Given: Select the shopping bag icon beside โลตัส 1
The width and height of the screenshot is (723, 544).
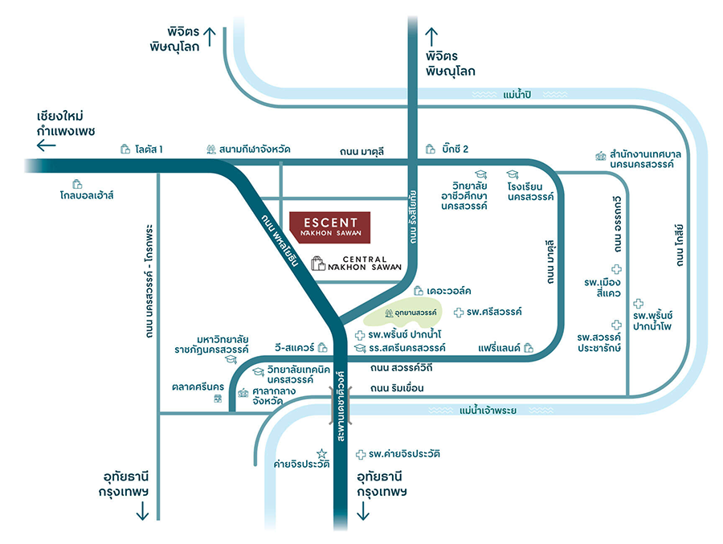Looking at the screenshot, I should point(125,149).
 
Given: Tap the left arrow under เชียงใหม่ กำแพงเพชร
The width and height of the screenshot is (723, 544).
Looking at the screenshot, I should point(47,145).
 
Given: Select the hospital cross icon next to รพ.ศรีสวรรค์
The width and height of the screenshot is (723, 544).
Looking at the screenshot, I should point(459,312).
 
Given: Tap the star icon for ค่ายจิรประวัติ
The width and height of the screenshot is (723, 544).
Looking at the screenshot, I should point(322,454).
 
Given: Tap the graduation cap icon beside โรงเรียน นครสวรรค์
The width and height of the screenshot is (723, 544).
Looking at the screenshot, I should point(511,174).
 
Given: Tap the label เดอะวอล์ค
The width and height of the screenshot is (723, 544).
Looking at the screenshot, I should point(449,290).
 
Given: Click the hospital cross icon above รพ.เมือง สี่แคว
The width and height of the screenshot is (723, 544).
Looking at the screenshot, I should point(616,269).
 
